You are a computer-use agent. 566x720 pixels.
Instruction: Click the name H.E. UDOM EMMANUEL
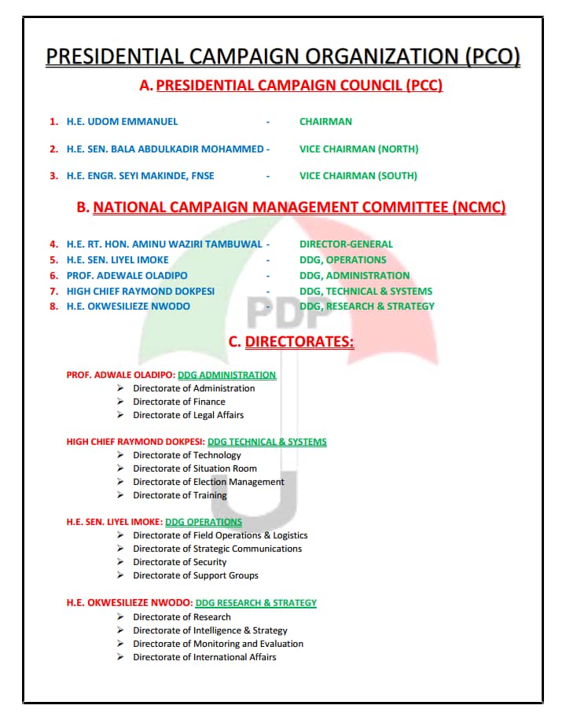[122, 122]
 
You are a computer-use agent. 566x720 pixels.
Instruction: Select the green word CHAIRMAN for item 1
[325, 122]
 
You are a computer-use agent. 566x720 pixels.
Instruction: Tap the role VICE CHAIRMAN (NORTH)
[358, 149]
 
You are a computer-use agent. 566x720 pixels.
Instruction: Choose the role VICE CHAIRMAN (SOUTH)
[358, 176]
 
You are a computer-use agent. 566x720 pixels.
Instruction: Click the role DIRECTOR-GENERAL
[346, 244]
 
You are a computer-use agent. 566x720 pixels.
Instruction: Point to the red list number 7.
[53, 292]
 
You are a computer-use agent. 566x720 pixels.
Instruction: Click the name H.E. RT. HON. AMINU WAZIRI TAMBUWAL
[164, 244]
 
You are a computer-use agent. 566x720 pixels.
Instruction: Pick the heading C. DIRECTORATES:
[291, 342]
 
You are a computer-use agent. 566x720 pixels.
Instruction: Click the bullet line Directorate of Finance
[179, 402]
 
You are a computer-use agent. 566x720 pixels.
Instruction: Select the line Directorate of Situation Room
[195, 468]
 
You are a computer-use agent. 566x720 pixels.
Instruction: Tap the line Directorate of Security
[180, 562]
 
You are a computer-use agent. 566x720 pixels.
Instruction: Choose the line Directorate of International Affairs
[204, 657]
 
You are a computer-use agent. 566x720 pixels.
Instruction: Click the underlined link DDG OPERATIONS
[204, 522]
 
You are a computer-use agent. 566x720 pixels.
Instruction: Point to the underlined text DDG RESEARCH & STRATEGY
[255, 603]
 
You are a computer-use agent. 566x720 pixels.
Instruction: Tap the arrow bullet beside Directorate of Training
[120, 495]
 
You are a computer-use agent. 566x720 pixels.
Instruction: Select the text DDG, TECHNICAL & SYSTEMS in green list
[366, 292]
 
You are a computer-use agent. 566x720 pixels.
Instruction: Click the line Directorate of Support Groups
[196, 575]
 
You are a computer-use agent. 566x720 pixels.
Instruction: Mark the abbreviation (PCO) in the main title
[493, 57]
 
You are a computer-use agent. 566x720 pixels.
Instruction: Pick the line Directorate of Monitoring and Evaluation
[218, 644]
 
